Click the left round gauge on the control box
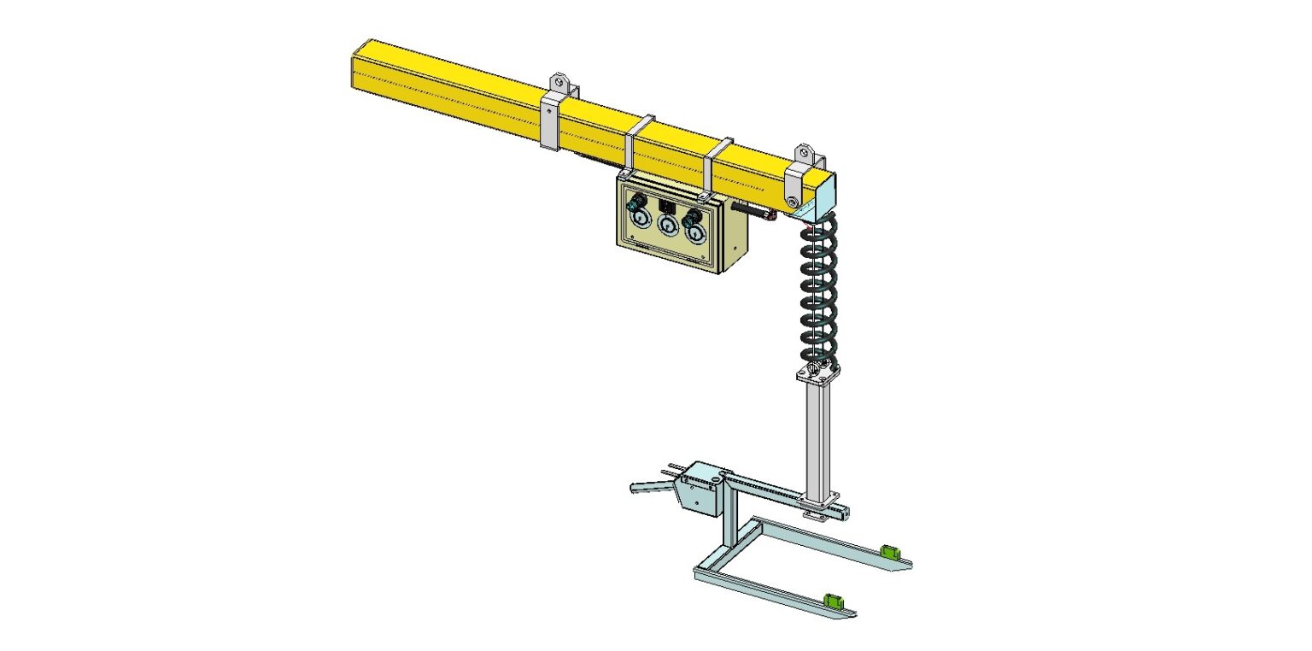[638, 222]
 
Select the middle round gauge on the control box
[667, 226]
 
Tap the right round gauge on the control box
[696, 231]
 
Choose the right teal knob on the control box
[694, 214]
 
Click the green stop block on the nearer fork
[832, 600]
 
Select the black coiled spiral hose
[819, 290]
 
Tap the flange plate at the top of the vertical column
[818, 373]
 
